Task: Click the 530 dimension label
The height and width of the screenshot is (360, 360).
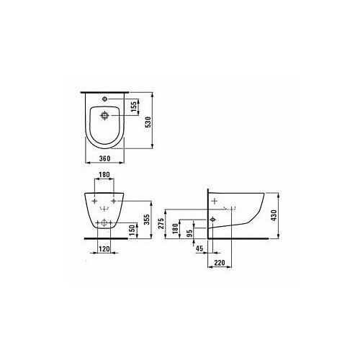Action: click(149, 122)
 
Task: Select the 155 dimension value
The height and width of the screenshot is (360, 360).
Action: click(134, 107)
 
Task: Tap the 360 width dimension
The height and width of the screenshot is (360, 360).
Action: click(105, 158)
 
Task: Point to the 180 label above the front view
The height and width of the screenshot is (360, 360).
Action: click(104, 174)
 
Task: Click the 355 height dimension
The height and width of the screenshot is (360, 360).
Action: click(147, 220)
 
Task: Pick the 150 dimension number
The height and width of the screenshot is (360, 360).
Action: click(132, 230)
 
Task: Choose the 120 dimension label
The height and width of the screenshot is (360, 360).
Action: click(104, 249)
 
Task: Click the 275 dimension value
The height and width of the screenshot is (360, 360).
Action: click(161, 223)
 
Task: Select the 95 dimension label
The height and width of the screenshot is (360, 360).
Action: click(189, 233)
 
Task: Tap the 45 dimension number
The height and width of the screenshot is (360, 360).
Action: click(199, 248)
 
